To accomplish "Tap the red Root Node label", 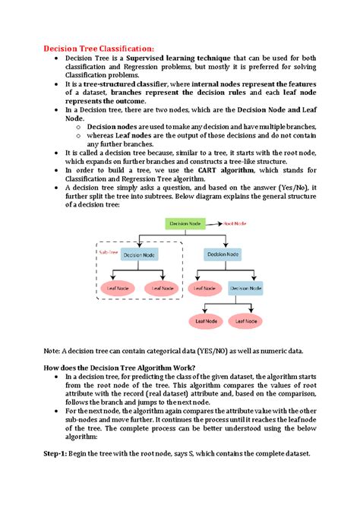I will point(235,224).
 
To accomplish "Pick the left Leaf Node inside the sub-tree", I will point(118,288).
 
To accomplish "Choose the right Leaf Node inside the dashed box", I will point(163,288).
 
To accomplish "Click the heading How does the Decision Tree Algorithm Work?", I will point(121,367).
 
